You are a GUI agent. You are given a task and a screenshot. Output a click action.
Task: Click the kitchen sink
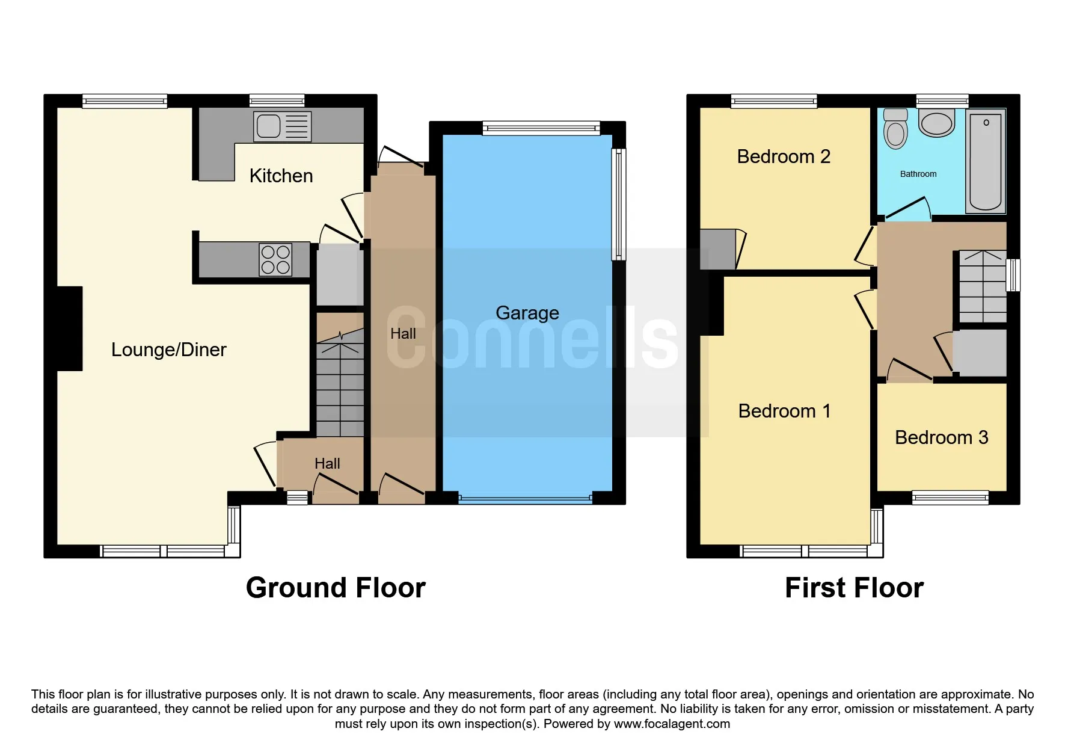click(281, 126)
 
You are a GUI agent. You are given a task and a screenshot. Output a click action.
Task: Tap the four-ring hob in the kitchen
click(275, 260)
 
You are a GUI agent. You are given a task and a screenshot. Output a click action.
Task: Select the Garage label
click(527, 313)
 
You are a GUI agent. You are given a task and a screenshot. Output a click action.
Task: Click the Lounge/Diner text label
click(168, 350)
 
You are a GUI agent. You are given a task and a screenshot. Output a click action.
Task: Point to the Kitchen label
click(281, 176)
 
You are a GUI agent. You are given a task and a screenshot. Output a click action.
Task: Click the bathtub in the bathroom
click(985, 161)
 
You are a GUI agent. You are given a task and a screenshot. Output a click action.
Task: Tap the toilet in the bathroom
click(895, 129)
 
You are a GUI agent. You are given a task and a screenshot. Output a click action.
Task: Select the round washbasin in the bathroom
click(936, 123)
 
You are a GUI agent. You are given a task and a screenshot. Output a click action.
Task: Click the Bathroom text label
click(918, 174)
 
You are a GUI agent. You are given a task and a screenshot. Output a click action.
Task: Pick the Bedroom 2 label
click(783, 156)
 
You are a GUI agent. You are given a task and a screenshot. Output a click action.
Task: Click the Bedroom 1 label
click(784, 411)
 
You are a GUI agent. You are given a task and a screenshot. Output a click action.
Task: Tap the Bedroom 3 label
click(941, 437)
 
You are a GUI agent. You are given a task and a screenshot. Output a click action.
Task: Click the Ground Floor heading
click(336, 588)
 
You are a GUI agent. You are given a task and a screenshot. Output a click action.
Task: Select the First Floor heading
click(853, 588)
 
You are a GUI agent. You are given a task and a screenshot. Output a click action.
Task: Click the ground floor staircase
click(340, 385)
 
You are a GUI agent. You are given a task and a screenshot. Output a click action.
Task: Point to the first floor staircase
click(982, 287)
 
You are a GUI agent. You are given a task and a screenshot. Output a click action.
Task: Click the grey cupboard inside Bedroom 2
click(717, 249)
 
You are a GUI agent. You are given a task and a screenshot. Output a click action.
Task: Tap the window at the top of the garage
click(541, 128)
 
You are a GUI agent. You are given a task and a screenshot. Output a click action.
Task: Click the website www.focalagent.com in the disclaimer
click(672, 724)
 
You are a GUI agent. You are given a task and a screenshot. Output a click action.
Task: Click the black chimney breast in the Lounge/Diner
click(69, 328)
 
